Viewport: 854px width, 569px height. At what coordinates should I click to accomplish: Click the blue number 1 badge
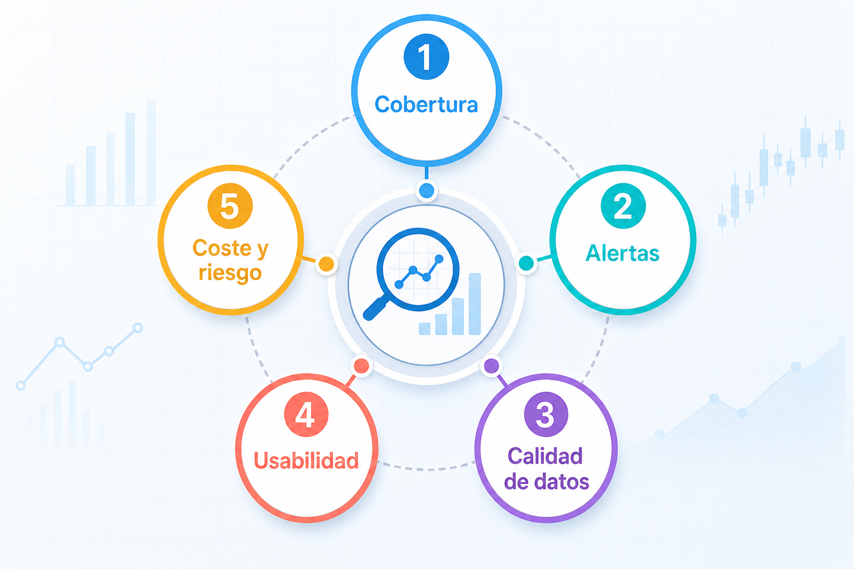(x=426, y=57)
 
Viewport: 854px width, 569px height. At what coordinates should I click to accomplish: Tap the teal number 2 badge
(x=623, y=206)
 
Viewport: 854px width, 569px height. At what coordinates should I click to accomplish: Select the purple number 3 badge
(x=546, y=415)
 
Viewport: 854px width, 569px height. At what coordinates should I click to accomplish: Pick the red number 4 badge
(x=306, y=415)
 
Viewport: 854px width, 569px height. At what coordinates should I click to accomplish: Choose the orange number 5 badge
(x=230, y=206)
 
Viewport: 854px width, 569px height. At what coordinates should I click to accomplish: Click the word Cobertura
(x=426, y=104)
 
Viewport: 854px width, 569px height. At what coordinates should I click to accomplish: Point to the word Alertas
(x=623, y=253)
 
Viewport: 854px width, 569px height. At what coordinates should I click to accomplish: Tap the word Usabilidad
(x=306, y=461)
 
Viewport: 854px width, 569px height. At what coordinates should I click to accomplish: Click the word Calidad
(x=545, y=456)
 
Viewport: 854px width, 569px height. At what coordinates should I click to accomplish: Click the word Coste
(x=222, y=248)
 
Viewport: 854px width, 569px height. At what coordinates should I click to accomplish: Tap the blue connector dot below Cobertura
(x=426, y=190)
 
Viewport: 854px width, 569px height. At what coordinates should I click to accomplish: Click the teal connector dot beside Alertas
(x=526, y=263)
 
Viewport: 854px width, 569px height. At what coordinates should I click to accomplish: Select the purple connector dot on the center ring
(x=491, y=366)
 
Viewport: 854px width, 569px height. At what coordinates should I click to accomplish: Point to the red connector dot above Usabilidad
(x=361, y=366)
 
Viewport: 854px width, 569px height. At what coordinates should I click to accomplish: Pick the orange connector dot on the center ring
(x=326, y=264)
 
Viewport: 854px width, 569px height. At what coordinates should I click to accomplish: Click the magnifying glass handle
(x=376, y=309)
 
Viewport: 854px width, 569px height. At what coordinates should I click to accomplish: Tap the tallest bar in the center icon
(x=475, y=304)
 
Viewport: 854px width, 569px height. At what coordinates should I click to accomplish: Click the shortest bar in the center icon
(x=424, y=329)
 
